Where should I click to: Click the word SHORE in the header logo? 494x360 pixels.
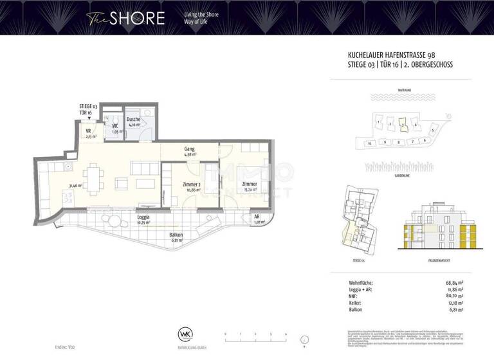(136, 18)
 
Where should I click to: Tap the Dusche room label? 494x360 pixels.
(134, 120)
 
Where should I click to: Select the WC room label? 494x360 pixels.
(115, 126)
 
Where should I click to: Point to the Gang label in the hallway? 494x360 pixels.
(189, 149)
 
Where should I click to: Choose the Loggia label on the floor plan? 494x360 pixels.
(143, 217)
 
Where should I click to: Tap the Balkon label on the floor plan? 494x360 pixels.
(176, 235)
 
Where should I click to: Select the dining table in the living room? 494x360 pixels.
(95, 177)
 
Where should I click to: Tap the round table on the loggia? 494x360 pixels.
(114, 222)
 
